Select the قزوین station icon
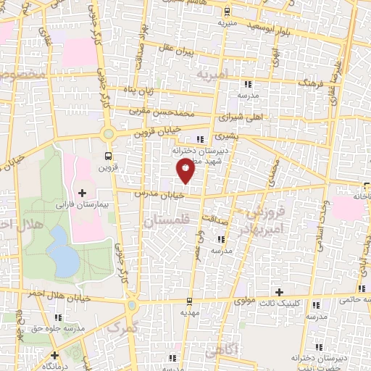click(109, 156)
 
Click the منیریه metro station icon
click(227, 11)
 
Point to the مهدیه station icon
click(189, 300)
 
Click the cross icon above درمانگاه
click(55, 355)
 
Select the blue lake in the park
click(64, 257)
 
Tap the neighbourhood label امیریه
click(212, 75)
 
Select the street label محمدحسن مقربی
click(163, 112)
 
